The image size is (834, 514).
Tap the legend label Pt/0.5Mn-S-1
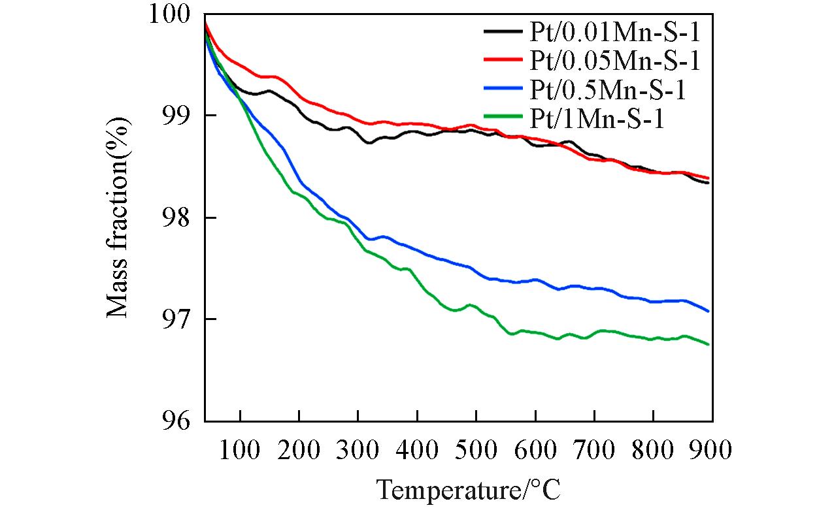click(x=604, y=90)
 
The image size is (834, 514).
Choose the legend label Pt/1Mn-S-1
click(x=593, y=120)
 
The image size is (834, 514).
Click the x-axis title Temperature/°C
click(x=469, y=489)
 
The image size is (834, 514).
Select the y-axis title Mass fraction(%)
click(x=118, y=217)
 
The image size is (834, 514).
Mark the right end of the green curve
click(x=709, y=344)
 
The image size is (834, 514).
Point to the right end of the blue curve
click(x=709, y=311)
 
